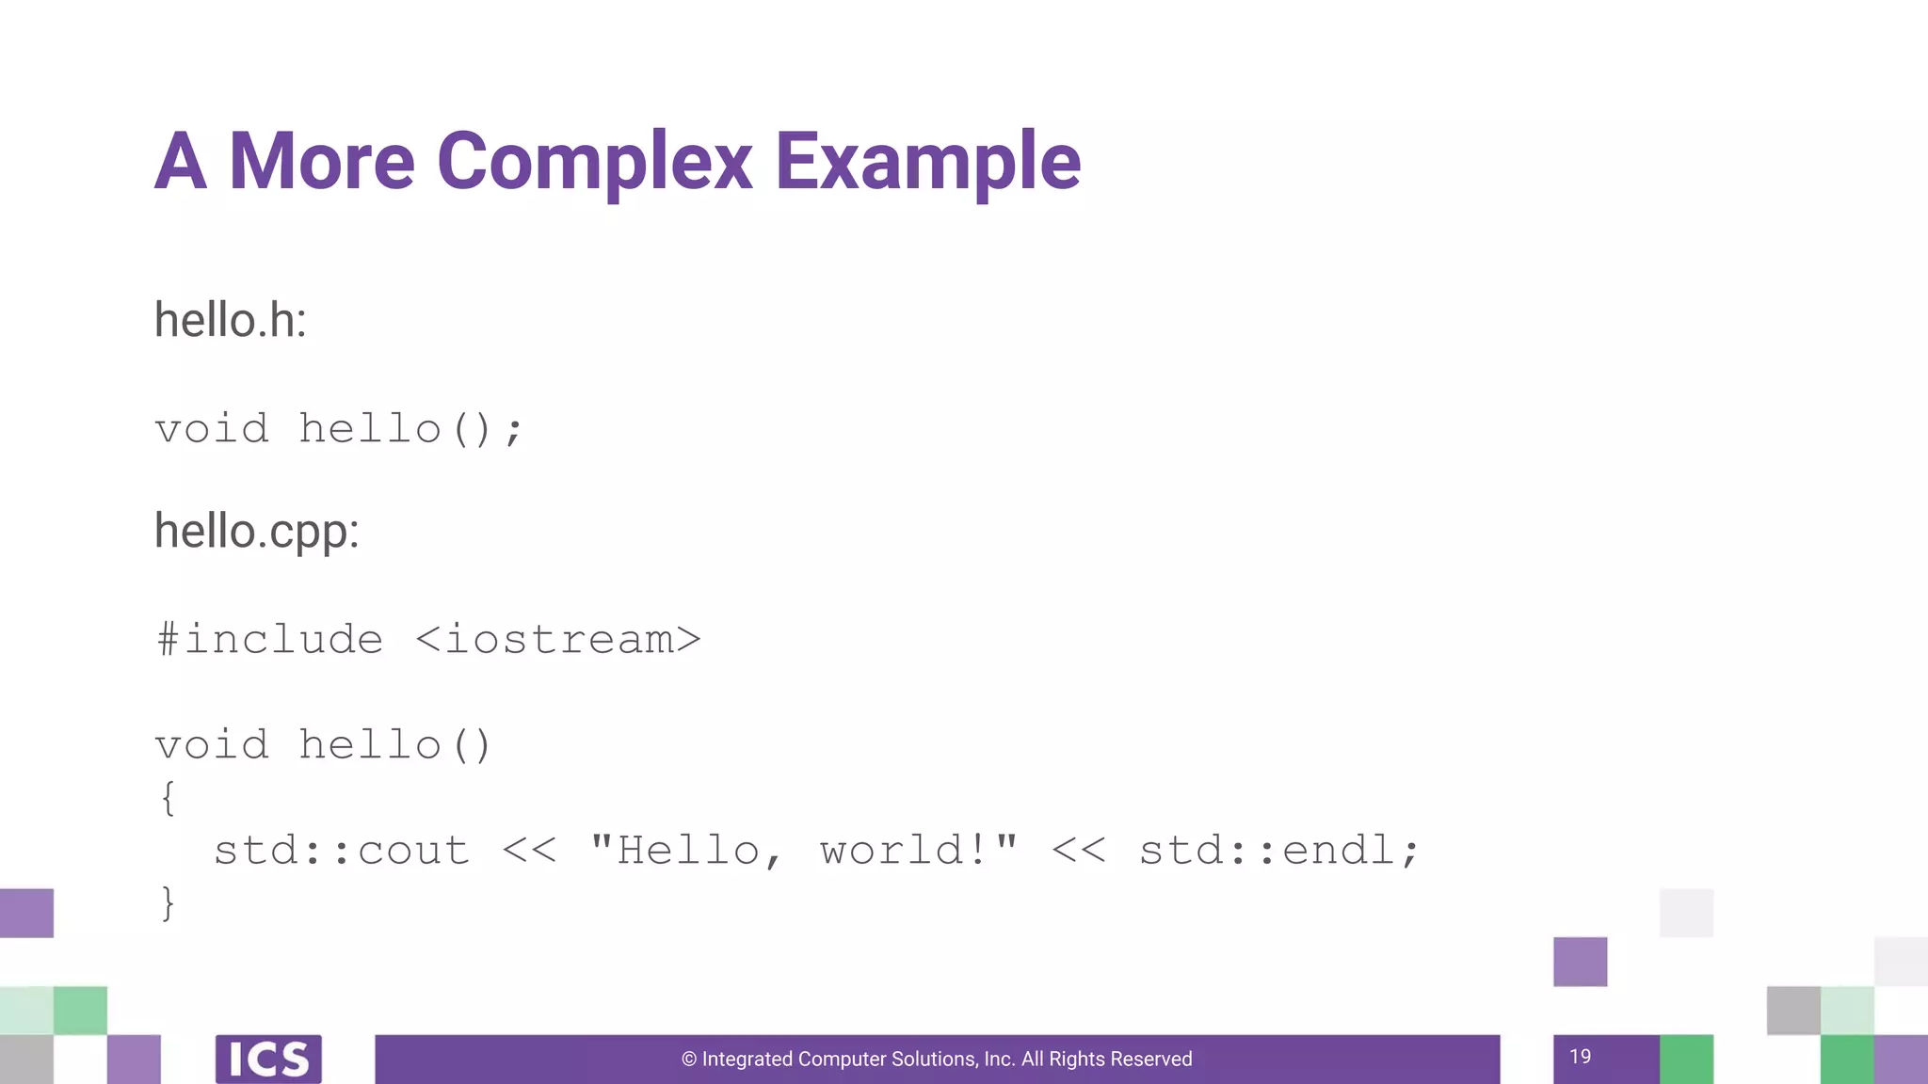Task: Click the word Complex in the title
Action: [595, 162]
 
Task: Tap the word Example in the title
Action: [928, 162]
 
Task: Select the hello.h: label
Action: [231, 320]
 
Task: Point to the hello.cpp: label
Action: [257, 532]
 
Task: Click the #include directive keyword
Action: [270, 640]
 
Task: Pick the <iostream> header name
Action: [558, 640]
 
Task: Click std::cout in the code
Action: [342, 851]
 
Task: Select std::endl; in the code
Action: [1278, 851]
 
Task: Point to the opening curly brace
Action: [168, 798]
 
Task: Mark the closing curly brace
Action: [168, 903]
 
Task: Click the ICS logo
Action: [268, 1060]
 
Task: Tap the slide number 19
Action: [1581, 1057]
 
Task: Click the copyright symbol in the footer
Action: [689, 1060]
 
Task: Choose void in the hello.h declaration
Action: [212, 429]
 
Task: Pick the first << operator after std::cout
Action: [530, 851]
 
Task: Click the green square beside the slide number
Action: [1686, 1060]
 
